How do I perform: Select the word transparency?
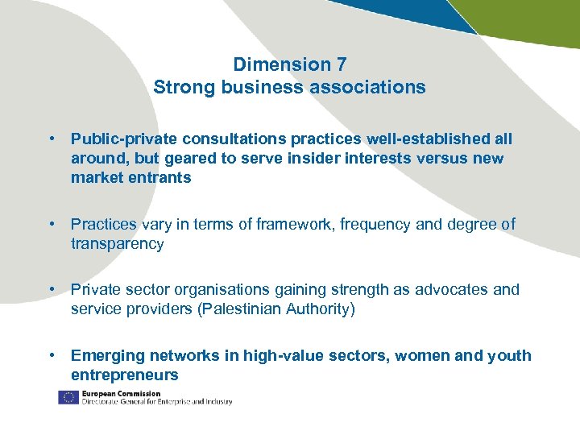pyautogui.click(x=118, y=244)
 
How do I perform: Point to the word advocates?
pyautogui.click(x=449, y=290)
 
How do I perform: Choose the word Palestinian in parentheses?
pyautogui.click(x=250, y=309)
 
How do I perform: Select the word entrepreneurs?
pyautogui.click(x=125, y=375)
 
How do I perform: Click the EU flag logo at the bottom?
pyautogui.click(x=68, y=397)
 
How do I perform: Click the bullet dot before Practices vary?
pyautogui.click(x=52, y=225)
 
